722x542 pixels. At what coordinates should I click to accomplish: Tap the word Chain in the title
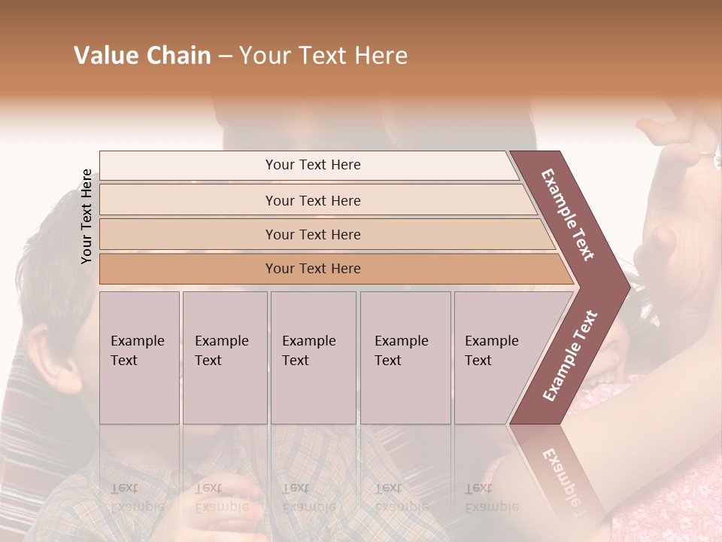pos(177,56)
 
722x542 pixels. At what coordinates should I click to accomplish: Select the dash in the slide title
pos(225,56)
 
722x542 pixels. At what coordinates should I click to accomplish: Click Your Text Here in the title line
pos(323,56)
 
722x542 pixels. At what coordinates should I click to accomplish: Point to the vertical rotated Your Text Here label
pos(86,216)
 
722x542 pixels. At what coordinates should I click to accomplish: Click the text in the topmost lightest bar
pos(313,165)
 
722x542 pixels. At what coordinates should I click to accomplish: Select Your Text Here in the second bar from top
pos(313,200)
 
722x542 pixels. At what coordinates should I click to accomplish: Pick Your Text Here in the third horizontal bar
pos(313,234)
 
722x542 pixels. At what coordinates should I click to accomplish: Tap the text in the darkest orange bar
pos(313,269)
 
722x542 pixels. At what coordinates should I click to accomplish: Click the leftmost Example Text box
pos(139,351)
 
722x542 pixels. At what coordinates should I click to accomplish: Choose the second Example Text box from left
pos(224,351)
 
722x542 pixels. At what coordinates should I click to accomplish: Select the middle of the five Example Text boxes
pos(312,351)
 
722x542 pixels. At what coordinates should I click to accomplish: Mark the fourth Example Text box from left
pos(405,351)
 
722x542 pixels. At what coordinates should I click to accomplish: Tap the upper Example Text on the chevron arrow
pos(568,215)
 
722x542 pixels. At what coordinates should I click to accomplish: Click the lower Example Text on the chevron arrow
pos(570,356)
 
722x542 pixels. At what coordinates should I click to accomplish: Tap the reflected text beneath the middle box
pos(309,497)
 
